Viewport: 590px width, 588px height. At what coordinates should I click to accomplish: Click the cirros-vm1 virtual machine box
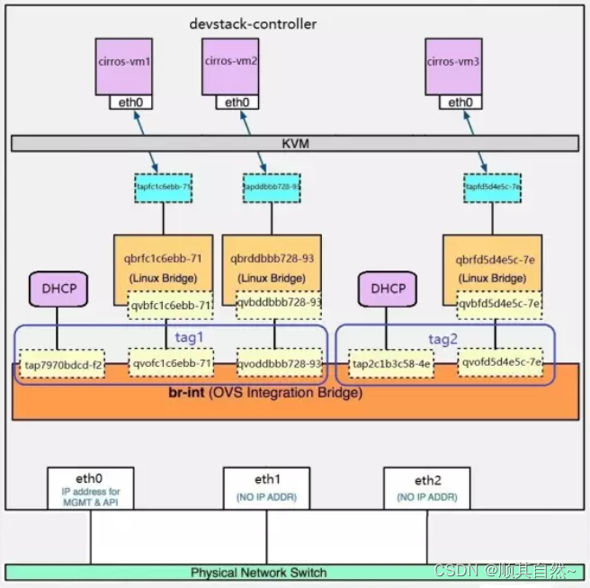coord(125,64)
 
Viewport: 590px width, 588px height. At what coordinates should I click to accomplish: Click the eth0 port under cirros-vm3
coord(460,102)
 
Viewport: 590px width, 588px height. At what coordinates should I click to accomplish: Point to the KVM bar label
coord(295,143)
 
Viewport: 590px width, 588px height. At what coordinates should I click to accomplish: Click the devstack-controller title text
coord(254,24)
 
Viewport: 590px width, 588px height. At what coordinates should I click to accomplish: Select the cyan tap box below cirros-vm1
coord(163,186)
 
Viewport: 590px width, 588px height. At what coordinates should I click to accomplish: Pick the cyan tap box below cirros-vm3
coord(493,186)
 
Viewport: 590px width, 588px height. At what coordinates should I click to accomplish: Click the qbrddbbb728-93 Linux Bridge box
coord(273,267)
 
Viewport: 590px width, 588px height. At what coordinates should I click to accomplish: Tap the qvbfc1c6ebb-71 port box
coord(171,305)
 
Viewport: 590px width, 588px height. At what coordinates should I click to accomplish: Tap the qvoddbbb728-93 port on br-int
coord(279,363)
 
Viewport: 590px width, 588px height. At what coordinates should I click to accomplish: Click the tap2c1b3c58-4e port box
coord(391,363)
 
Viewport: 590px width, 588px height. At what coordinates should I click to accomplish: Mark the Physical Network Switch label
coord(258,572)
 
